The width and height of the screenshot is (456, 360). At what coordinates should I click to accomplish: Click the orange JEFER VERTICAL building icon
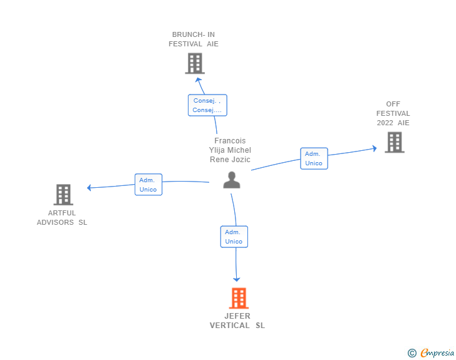click(239, 298)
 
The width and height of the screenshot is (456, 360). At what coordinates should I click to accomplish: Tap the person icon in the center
click(232, 180)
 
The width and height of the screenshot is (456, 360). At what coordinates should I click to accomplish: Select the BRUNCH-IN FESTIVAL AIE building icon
click(195, 63)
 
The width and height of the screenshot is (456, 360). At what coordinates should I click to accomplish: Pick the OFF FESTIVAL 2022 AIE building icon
click(395, 142)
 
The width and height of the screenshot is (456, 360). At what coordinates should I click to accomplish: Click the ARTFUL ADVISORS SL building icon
click(63, 195)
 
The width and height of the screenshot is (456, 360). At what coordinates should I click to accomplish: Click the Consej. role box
click(207, 105)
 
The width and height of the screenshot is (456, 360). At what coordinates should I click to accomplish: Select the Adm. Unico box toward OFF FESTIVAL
click(314, 158)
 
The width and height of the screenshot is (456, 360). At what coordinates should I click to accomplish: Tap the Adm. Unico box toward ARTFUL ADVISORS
click(148, 185)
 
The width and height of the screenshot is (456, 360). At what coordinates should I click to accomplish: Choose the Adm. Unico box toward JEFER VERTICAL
click(234, 237)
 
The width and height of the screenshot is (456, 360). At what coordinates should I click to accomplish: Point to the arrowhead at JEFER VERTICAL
click(236, 279)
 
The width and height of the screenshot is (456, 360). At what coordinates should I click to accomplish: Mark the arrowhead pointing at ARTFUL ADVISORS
click(90, 188)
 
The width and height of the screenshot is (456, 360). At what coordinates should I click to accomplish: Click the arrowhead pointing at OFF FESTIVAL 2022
click(375, 148)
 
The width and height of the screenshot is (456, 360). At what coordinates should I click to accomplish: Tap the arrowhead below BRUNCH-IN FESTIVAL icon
click(199, 80)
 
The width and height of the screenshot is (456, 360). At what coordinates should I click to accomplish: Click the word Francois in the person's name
click(230, 141)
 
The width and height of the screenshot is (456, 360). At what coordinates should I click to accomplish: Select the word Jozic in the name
click(241, 160)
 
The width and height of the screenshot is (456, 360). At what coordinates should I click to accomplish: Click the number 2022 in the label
click(385, 123)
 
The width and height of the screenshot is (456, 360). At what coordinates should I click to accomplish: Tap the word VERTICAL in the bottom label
click(229, 326)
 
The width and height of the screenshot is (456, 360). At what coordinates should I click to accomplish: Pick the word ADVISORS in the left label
click(55, 222)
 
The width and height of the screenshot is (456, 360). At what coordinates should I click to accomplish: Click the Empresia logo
click(431, 352)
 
